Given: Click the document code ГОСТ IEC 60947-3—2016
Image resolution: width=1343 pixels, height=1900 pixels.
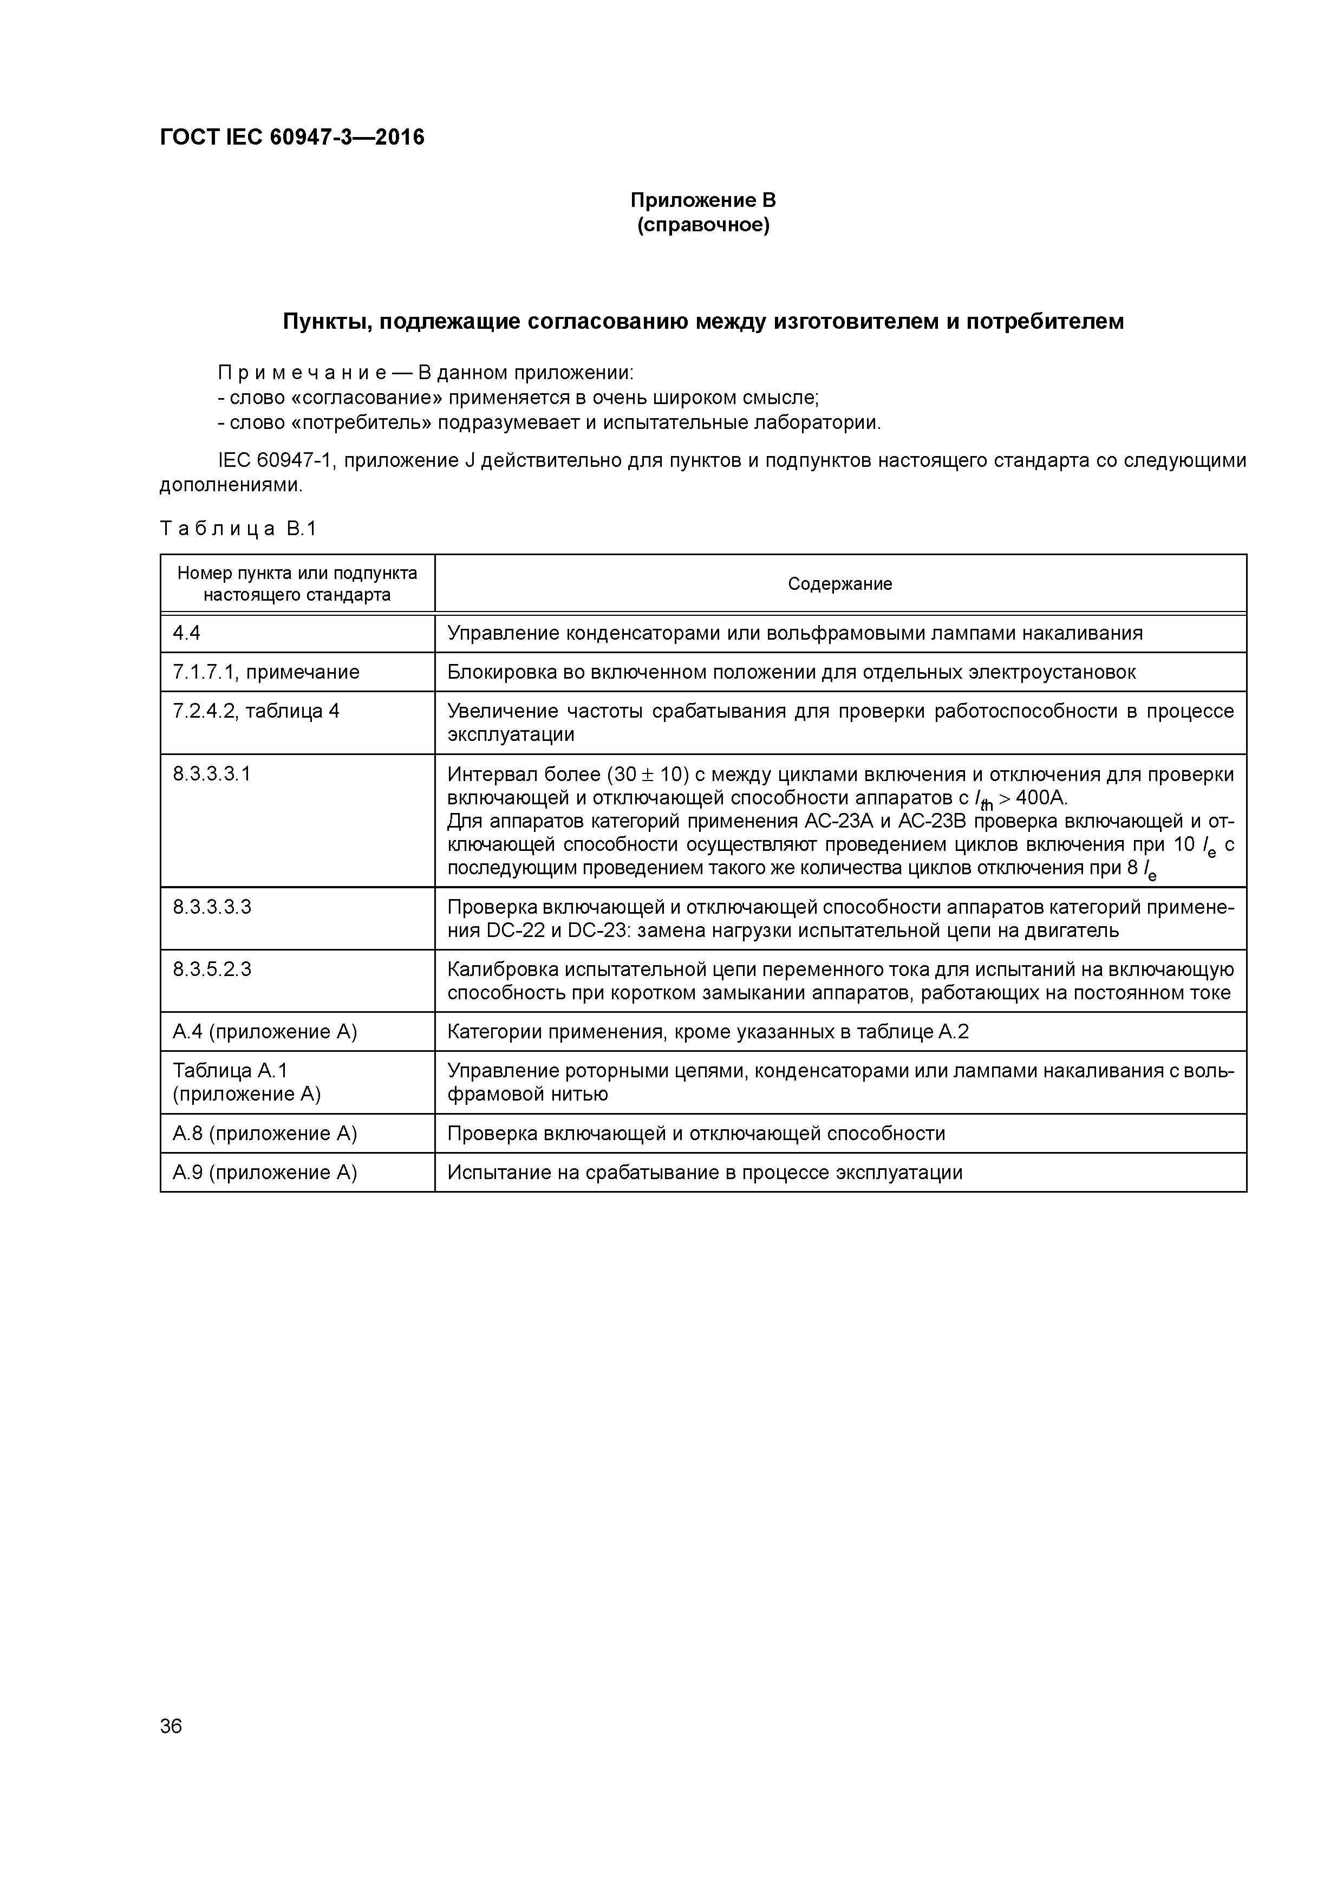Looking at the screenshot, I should click(x=291, y=138).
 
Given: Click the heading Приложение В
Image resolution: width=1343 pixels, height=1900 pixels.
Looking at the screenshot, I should click(x=702, y=200).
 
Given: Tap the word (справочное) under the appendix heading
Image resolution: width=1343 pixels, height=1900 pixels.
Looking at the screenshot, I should click(x=702, y=225).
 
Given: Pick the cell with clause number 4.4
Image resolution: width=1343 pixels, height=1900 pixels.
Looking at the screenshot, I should click(x=187, y=633).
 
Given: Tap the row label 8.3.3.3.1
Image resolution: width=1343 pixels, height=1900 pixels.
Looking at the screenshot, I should click(x=212, y=774).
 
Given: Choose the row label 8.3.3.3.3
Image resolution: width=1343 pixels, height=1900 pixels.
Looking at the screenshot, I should click(x=212, y=907).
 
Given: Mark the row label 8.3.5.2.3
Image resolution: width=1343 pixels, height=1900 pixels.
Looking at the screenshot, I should click(x=212, y=969).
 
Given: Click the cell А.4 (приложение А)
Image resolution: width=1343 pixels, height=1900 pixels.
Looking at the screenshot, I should click(x=265, y=1032).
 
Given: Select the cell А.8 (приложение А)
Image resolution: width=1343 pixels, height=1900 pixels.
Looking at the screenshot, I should click(x=265, y=1134).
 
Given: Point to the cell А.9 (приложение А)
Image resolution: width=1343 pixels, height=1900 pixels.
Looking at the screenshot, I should click(x=265, y=1173).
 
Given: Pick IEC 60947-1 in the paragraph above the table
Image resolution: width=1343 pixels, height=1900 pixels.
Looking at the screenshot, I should click(x=274, y=460).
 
